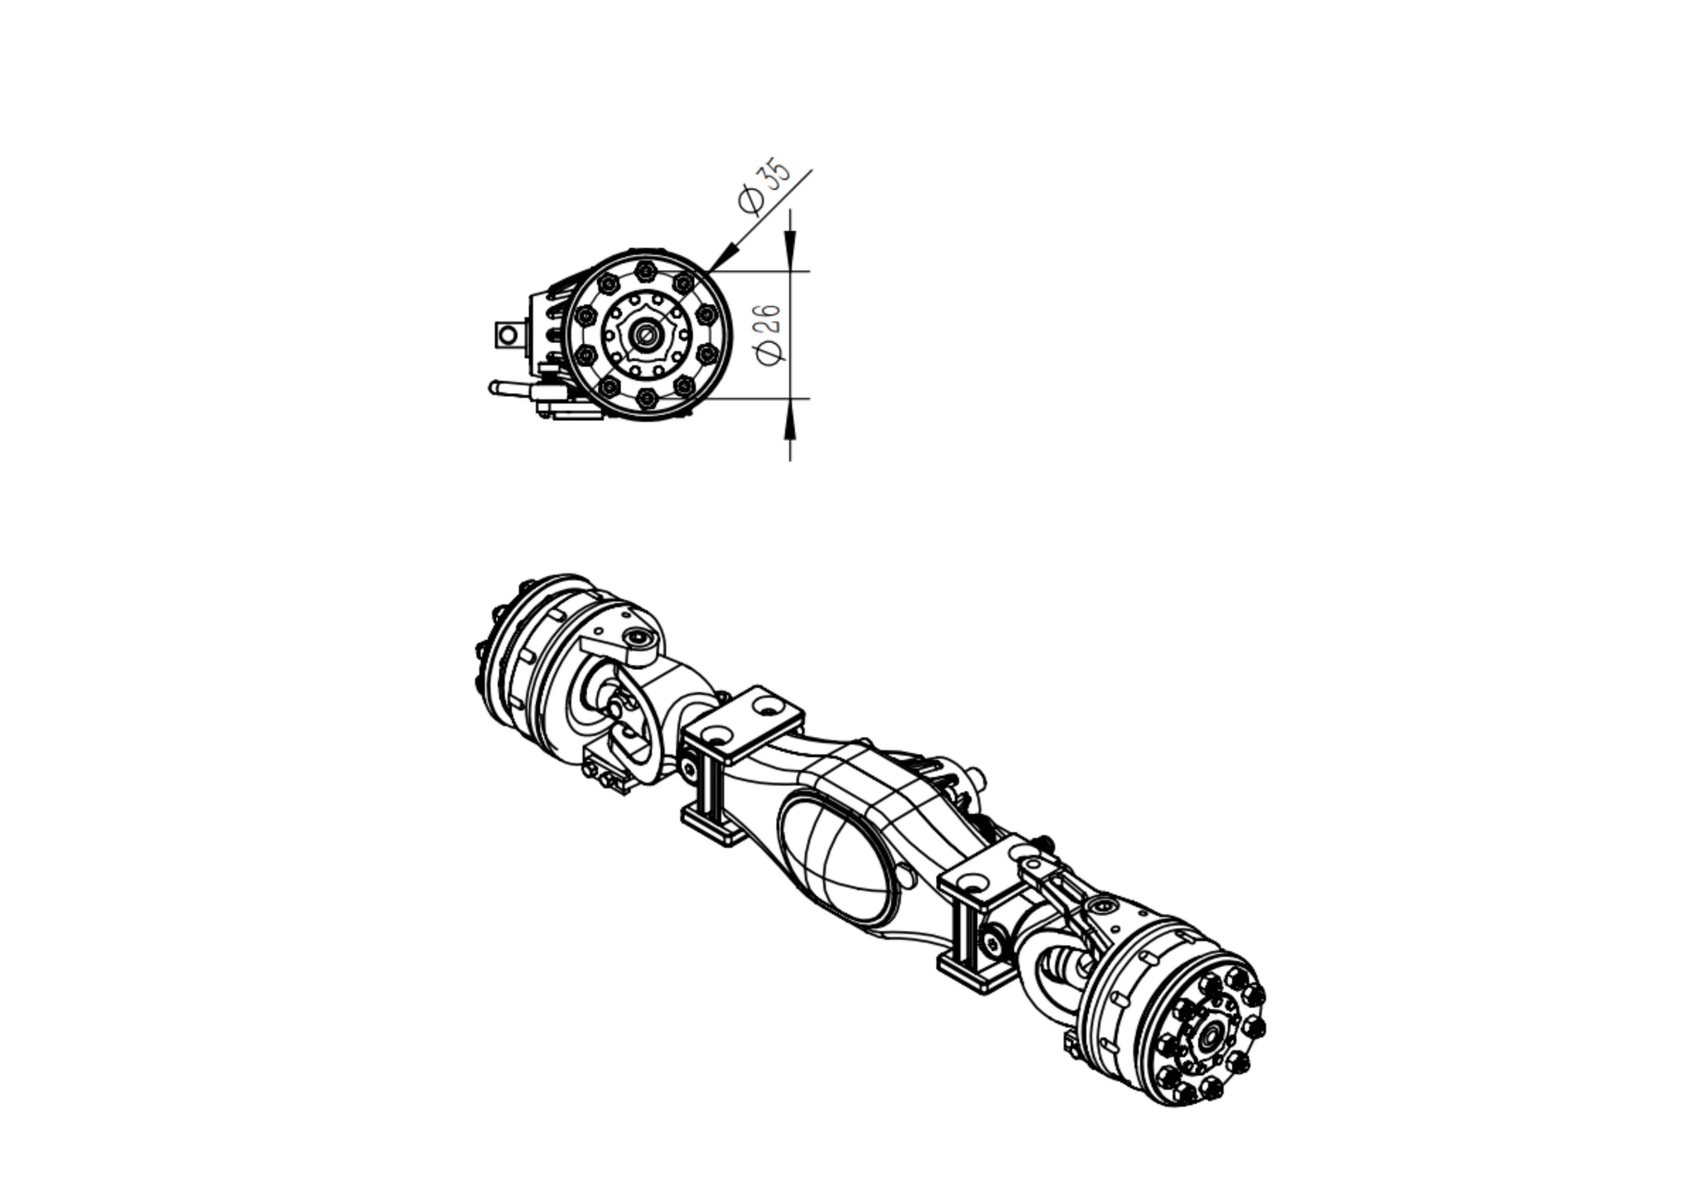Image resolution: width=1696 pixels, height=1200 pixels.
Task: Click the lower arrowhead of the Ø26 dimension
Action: pos(790,417)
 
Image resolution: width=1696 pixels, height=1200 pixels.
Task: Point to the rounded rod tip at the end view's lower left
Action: pos(494,387)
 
